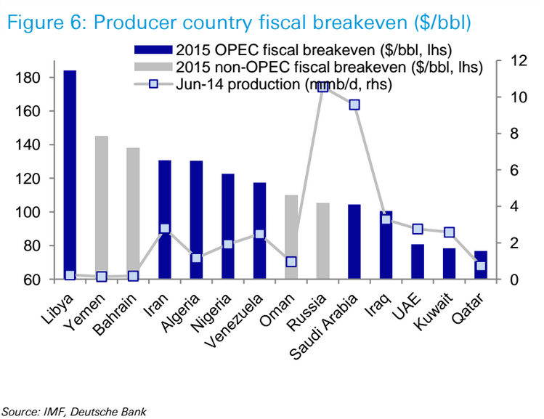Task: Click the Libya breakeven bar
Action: (x=70, y=174)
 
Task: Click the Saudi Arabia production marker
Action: (x=354, y=105)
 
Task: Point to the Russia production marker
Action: (x=323, y=87)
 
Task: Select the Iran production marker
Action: (x=165, y=229)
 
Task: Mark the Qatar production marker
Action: (x=481, y=267)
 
